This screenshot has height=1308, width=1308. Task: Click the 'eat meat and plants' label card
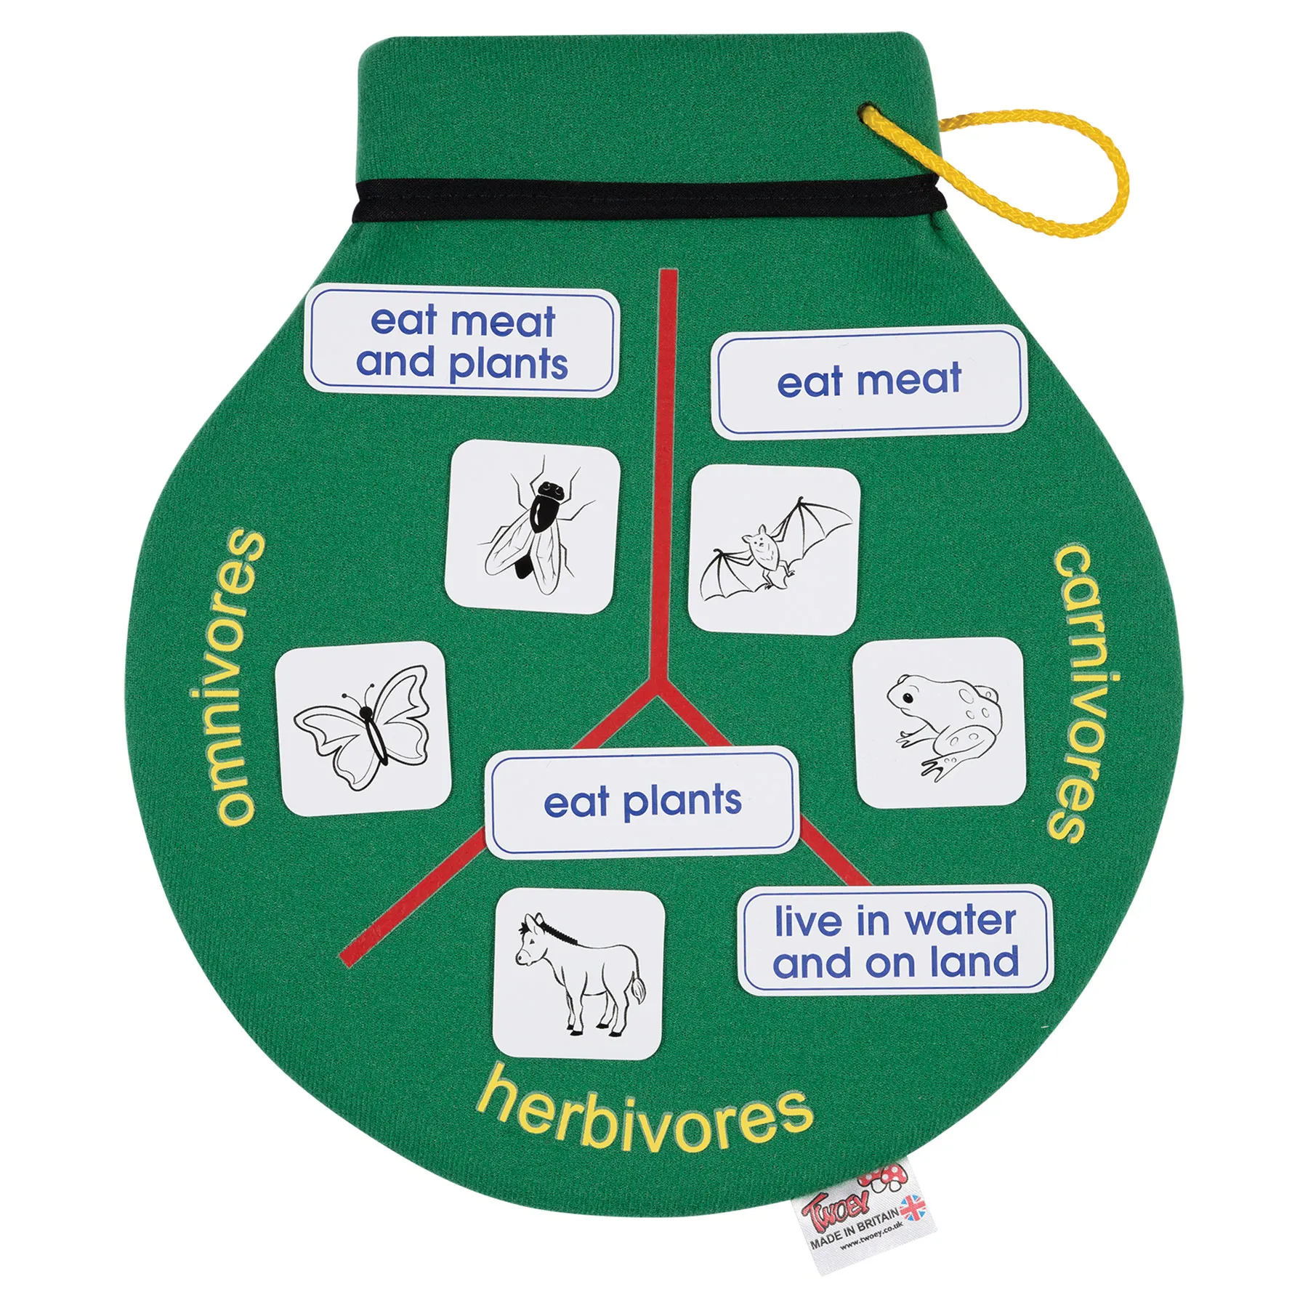tap(461, 342)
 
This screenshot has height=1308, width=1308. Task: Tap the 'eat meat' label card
tap(869, 381)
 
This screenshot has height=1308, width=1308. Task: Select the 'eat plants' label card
tap(642, 802)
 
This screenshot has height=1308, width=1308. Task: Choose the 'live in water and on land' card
tap(895, 942)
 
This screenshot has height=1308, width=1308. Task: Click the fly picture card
tap(533, 527)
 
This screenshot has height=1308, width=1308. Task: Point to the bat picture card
tap(775, 550)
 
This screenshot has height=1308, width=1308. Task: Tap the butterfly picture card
tap(363, 728)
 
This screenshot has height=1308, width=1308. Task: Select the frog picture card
tap(939, 722)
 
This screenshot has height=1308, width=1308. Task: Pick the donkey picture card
tap(579, 973)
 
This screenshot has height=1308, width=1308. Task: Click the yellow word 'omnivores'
tap(227, 677)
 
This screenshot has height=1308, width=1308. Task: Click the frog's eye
tap(908, 698)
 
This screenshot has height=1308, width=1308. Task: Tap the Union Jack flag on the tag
tap(915, 1206)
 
